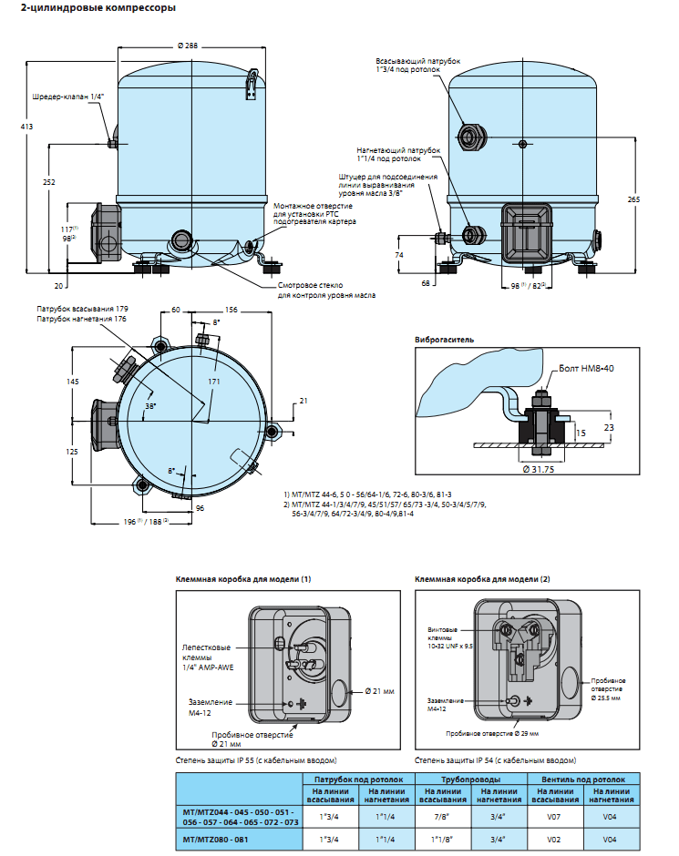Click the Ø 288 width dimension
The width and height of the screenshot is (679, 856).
pyautogui.click(x=187, y=46)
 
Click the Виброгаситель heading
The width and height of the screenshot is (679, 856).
pyautogui.click(x=444, y=339)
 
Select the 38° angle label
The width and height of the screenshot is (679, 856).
pyautogui.click(x=150, y=406)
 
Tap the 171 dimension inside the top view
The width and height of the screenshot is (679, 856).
pyautogui.click(x=214, y=380)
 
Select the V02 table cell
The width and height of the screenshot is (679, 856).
pyautogui.click(x=555, y=839)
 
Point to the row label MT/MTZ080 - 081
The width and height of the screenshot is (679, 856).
pyautogui.click(x=215, y=839)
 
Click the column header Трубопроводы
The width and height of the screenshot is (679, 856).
pyautogui.click(x=471, y=780)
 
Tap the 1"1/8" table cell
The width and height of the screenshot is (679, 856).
pyautogui.click(x=444, y=839)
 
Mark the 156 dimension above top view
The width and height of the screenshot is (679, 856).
pyautogui.click(x=231, y=310)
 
